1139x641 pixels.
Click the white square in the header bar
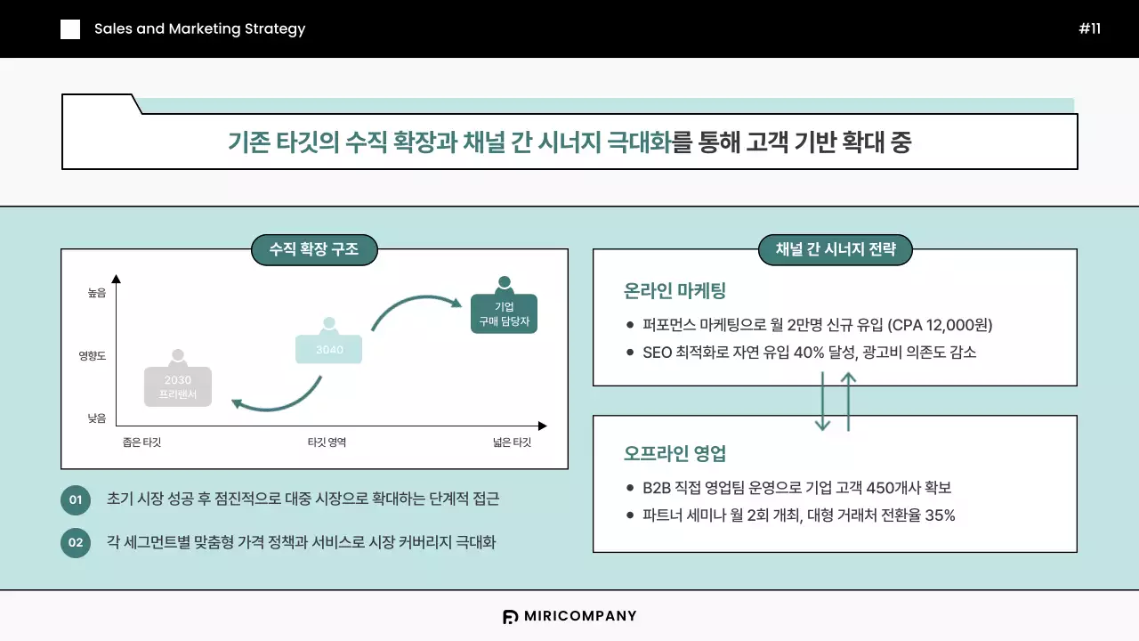click(70, 29)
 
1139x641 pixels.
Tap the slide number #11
click(1089, 28)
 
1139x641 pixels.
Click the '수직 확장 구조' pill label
click(314, 250)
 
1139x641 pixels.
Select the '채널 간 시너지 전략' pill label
click(835, 250)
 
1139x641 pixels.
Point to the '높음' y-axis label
click(97, 292)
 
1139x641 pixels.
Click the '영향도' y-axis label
click(93, 355)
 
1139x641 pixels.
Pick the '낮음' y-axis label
click(97, 418)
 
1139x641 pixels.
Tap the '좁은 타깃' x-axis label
click(141, 442)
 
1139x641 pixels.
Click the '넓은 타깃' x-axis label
click(512, 442)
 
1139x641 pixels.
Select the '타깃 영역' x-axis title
click(327, 442)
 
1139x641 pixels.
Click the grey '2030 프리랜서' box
click(178, 386)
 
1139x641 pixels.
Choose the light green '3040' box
click(329, 349)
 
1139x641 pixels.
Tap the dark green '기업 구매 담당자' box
click(505, 313)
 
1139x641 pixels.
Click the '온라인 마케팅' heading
click(675, 290)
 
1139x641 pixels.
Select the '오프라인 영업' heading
click(675, 453)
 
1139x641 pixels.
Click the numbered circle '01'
click(76, 499)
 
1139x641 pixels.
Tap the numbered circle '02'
click(76, 542)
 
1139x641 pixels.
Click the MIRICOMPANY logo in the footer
click(569, 616)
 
